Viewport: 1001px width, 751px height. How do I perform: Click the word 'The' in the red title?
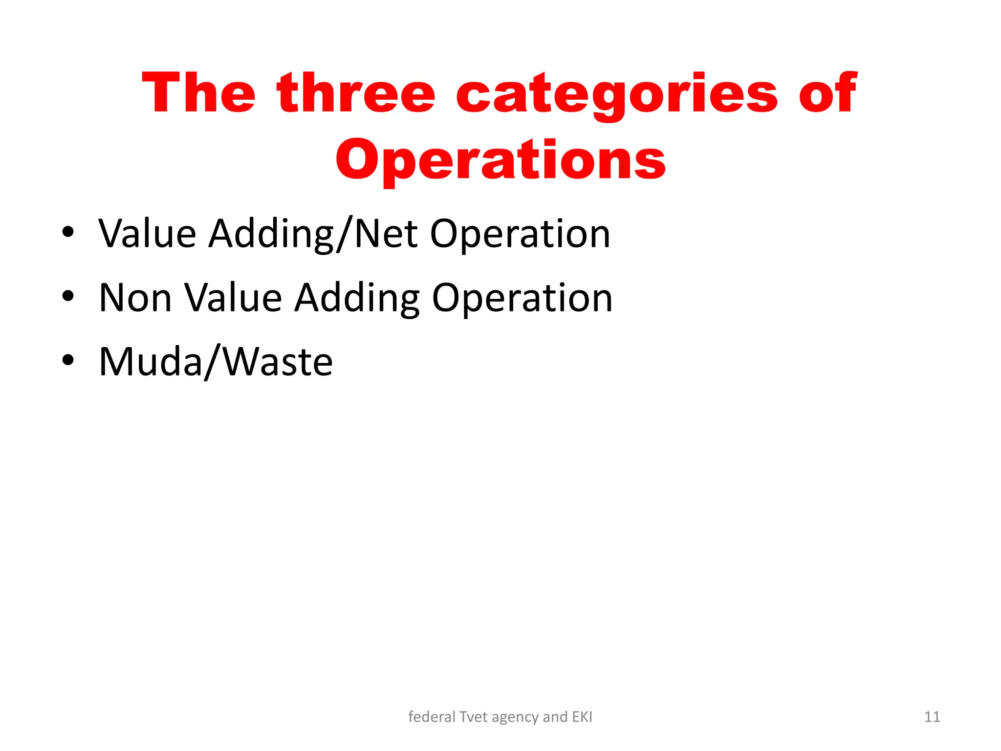[198, 93]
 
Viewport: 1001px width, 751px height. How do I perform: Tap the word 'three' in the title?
[356, 93]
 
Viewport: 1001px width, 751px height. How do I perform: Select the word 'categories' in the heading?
[617, 94]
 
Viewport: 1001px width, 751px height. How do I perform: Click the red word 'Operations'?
[500, 160]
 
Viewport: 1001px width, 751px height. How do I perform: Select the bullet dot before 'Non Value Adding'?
[68, 296]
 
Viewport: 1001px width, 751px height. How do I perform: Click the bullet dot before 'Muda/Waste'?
[68, 360]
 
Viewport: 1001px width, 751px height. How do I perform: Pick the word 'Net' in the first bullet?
[386, 234]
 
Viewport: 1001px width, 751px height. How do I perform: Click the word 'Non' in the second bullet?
[135, 298]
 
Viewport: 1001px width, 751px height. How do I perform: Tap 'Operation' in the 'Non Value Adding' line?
[522, 299]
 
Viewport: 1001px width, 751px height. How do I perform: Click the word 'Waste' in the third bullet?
[278, 362]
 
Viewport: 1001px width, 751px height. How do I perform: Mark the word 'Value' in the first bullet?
[147, 234]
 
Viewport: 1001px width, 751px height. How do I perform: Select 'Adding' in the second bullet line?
[357, 299]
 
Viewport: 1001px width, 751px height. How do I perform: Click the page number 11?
[932, 717]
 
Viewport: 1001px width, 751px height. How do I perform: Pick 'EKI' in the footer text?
[582, 717]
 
